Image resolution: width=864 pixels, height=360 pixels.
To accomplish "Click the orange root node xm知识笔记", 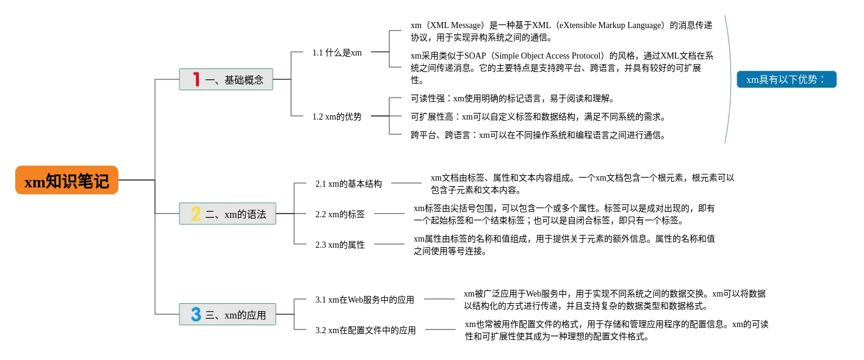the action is click(67, 180).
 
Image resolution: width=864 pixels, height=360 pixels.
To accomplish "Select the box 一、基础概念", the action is click(226, 79).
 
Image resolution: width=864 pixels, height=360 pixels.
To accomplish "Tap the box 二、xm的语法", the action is click(228, 214).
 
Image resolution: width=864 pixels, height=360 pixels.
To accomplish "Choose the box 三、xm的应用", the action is click(228, 314).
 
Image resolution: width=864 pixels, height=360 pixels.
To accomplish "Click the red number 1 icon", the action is click(196, 79).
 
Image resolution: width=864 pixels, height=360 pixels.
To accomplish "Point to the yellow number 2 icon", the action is click(196, 214).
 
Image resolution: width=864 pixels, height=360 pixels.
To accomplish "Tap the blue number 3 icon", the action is click(196, 314).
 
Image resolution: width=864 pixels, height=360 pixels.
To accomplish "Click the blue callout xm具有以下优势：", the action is click(787, 79).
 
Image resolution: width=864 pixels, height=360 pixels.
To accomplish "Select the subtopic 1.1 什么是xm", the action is click(337, 52).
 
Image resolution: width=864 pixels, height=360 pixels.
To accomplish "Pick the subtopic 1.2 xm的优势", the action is click(337, 117).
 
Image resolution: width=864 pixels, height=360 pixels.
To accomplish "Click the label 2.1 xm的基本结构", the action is click(348, 184).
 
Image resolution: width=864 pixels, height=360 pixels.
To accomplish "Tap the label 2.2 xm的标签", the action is click(340, 214).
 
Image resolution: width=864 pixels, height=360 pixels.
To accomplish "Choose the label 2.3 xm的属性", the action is click(340, 245).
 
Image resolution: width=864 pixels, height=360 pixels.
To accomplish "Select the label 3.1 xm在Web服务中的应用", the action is click(365, 300).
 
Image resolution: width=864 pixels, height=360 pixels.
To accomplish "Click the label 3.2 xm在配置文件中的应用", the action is click(365, 330).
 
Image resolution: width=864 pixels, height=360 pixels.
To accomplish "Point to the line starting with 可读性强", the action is click(513, 98).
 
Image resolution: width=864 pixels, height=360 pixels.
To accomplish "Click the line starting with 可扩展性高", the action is click(538, 117).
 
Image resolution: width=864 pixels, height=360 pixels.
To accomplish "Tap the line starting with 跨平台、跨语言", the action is click(538, 135).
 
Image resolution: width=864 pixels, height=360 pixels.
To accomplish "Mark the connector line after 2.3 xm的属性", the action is click(389, 244).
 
